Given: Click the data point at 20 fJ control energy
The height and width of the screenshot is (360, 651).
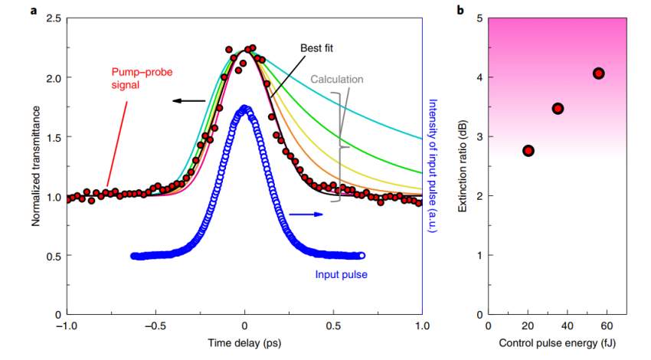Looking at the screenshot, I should coord(528,150).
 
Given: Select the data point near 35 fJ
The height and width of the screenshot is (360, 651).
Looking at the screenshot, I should coord(558,108).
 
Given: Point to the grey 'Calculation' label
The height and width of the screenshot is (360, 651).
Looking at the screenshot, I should coord(337,79).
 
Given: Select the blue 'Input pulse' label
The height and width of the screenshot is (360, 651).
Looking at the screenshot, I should coord(342,273).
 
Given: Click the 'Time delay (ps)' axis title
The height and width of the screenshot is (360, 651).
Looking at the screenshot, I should coord(244,343).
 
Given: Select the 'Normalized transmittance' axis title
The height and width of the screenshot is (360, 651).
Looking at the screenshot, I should coord(35,165).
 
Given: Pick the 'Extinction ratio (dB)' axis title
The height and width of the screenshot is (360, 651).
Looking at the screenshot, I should coord(462,165).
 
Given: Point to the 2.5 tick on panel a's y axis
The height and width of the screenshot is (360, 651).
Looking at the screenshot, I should coord(54,18).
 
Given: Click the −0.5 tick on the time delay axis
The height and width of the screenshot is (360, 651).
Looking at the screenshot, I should coord(155,326).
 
